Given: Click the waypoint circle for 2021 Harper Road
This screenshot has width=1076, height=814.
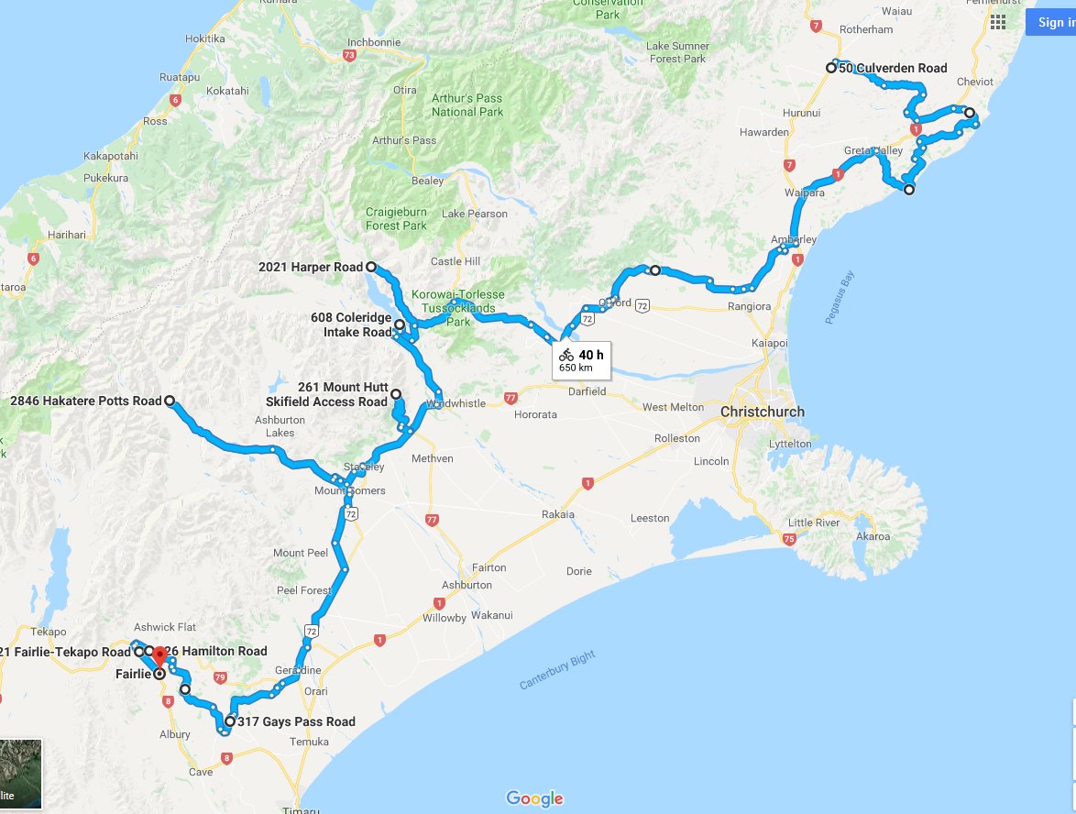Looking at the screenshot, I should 371,267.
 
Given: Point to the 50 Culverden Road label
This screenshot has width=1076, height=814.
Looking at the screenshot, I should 894,68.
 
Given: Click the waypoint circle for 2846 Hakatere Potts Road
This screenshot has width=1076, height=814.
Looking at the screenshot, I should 170,401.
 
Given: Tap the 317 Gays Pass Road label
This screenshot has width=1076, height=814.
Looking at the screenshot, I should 296,721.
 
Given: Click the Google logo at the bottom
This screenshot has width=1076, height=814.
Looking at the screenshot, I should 534,799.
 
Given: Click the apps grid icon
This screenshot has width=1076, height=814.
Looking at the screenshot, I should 998,21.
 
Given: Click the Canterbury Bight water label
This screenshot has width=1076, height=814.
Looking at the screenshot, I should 557,670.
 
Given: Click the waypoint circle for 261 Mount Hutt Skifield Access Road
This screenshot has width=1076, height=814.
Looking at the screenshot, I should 396,394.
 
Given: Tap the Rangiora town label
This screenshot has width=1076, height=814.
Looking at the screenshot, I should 751,307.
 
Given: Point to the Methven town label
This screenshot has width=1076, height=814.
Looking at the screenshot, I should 433,458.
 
